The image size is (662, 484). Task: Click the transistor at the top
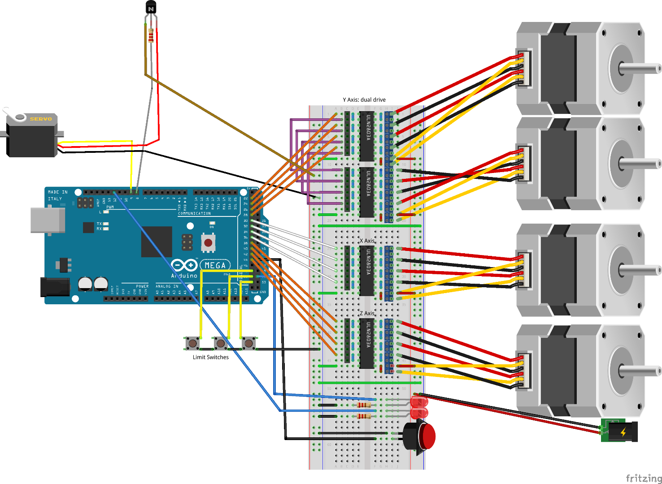151,8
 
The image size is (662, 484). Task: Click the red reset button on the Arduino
208,243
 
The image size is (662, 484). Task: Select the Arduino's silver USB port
47,220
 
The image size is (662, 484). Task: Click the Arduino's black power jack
55,287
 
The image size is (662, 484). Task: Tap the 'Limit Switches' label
210,357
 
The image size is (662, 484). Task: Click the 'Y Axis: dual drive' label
364,100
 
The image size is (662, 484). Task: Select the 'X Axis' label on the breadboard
366,241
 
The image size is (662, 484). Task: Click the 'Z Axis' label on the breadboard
366,314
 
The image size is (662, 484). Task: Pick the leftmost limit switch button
192,343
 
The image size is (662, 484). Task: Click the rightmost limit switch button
248,343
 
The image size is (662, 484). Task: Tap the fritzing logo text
643,478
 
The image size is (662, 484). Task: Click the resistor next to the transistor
151,35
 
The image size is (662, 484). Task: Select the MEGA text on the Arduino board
215,265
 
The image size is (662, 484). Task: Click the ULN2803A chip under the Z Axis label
367,343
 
